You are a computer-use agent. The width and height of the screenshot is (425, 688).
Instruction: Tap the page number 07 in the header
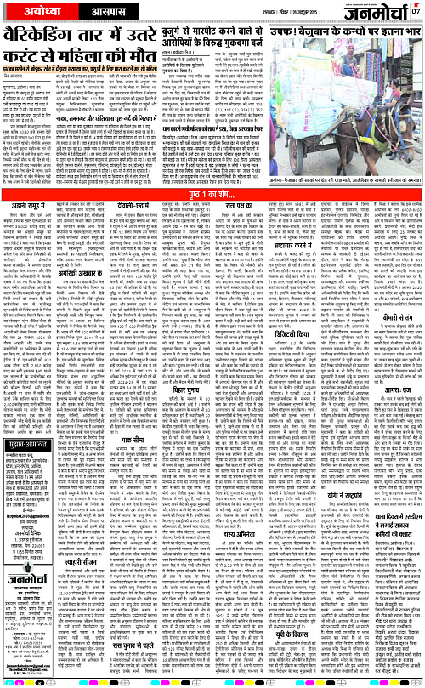(x=416, y=11)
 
